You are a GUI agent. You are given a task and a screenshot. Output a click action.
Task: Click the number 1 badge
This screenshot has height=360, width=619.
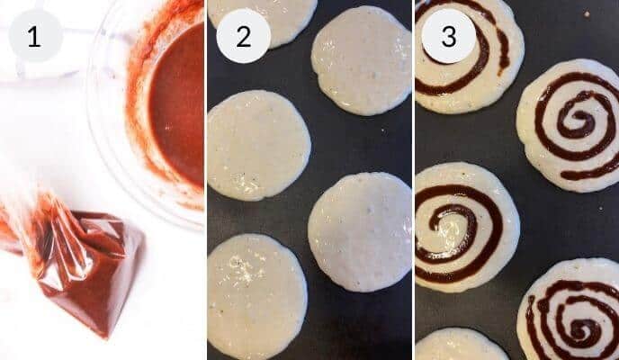[35, 37]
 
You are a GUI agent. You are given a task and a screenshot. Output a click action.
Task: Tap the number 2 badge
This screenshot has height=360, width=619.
[243, 37]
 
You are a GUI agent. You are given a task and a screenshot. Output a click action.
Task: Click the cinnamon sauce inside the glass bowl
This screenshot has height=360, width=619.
[180, 99]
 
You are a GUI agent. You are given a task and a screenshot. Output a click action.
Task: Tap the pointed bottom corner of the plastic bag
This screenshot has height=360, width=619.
[112, 335]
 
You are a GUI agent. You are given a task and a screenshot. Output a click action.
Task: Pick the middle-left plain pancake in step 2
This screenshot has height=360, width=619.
[258, 144]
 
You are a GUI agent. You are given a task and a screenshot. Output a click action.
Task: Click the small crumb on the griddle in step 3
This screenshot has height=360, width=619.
[587, 15]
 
